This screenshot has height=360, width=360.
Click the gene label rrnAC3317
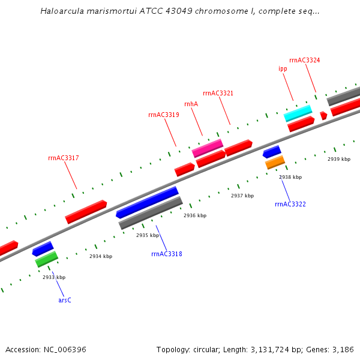(64, 158)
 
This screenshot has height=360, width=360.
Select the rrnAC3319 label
(163, 115)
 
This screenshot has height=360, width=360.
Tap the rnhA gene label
(191, 104)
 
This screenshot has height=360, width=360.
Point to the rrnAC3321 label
(218, 93)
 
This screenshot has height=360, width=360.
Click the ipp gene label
(283, 69)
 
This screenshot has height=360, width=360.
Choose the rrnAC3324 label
(304, 60)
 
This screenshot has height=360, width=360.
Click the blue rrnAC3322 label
(290, 205)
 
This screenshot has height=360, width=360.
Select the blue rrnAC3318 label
(166, 254)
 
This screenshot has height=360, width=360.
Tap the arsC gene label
(65, 299)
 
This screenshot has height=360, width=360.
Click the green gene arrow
(46, 259)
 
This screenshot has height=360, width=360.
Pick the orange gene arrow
(275, 162)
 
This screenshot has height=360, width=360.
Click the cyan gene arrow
(298, 113)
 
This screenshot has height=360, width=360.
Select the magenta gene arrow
(208, 148)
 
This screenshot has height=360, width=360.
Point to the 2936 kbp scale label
(195, 215)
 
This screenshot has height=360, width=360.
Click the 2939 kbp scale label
(338, 159)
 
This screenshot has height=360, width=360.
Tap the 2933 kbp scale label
(54, 277)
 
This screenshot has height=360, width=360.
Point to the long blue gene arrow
(148, 202)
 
